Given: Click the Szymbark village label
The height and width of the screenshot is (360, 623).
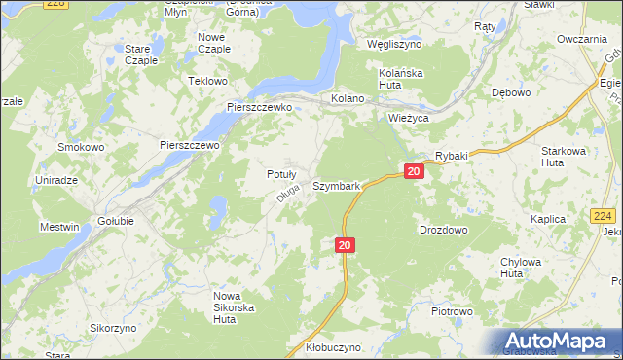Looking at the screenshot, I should tap(337, 185).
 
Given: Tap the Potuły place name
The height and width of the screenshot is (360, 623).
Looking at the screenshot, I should tap(281, 174).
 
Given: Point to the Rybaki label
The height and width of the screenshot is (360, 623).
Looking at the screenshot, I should tap(452, 156).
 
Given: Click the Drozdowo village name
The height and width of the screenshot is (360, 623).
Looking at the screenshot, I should tap(443, 230).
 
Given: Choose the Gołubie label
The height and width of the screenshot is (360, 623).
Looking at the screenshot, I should tap(116, 221).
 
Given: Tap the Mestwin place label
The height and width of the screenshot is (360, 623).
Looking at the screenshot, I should tap(59, 228).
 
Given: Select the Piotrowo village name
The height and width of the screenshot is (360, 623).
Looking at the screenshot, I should tap(452, 312).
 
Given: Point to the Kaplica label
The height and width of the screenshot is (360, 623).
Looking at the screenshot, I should tap(548, 220).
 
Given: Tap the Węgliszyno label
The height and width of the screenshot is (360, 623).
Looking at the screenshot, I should tap(394, 45).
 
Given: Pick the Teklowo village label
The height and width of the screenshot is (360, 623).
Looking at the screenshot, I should tap(207, 81).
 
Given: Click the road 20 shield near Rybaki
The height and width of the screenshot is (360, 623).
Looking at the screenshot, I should tap(415, 172).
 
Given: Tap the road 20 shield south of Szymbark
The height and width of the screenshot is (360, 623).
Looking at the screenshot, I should tap(345, 246).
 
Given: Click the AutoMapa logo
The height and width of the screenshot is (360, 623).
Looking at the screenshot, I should tap(554, 341).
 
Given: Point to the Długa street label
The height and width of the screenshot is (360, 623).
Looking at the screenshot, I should tap(285, 196).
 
